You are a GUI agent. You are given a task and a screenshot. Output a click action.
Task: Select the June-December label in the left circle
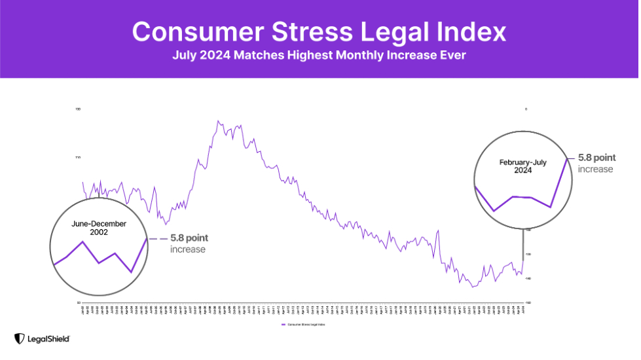point(98,223)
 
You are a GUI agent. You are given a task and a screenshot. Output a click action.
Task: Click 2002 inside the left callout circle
point(98,232)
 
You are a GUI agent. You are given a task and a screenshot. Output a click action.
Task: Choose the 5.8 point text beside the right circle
point(596,158)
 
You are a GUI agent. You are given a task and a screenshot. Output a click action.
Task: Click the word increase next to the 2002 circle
point(188,249)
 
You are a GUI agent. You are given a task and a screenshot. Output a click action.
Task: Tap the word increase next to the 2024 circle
point(595,169)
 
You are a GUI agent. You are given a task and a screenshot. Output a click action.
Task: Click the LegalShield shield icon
point(19,338)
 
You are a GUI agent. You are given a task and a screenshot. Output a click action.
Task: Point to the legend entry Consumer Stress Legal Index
point(305,324)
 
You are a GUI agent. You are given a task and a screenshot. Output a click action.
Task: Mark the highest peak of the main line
point(217,121)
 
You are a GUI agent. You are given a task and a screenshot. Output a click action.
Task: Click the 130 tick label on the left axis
point(78,109)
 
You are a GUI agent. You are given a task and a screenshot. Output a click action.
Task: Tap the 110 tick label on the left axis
point(78,157)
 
